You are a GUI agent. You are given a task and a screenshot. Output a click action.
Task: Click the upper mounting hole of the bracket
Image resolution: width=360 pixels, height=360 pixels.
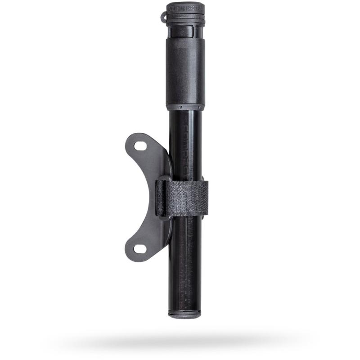click(x=141, y=146)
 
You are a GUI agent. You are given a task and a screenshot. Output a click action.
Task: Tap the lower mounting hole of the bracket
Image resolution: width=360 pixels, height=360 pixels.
click(x=140, y=248)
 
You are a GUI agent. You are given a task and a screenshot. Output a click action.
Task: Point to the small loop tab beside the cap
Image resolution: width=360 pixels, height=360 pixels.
click(x=164, y=17)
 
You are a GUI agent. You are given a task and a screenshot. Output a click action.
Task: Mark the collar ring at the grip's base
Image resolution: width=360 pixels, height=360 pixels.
click(x=185, y=107)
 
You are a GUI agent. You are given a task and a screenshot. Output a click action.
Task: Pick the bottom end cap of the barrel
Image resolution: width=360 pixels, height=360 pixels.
click(x=184, y=314)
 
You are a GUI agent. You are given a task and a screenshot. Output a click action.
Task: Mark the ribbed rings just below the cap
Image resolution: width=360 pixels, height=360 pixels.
click(x=185, y=20)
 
